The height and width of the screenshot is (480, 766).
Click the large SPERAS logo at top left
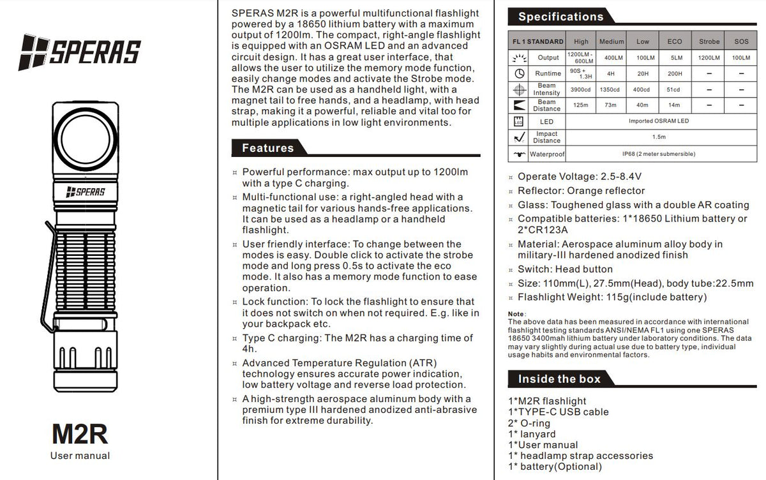tap(80, 50)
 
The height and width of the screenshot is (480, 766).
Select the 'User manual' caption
tap(80, 456)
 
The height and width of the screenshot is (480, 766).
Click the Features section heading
tap(267, 148)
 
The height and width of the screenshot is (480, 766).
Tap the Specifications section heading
tap(560, 17)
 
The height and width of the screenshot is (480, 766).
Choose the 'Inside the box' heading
tap(559, 379)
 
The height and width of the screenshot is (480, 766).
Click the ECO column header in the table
tap(675, 41)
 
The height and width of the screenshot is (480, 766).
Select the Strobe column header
tap(709, 41)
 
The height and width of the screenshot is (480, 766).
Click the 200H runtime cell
tap(675, 73)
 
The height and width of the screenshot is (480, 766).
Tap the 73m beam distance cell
tap(612, 105)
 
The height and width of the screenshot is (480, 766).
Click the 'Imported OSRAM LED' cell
tap(659, 121)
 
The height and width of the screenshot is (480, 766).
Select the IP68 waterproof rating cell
tap(659, 154)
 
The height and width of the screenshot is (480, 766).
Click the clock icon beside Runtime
tap(519, 73)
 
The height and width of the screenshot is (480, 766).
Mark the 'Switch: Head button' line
tap(565, 269)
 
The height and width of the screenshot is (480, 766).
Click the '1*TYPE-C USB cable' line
tap(559, 412)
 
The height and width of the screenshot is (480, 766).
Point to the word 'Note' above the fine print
tap(516, 314)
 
